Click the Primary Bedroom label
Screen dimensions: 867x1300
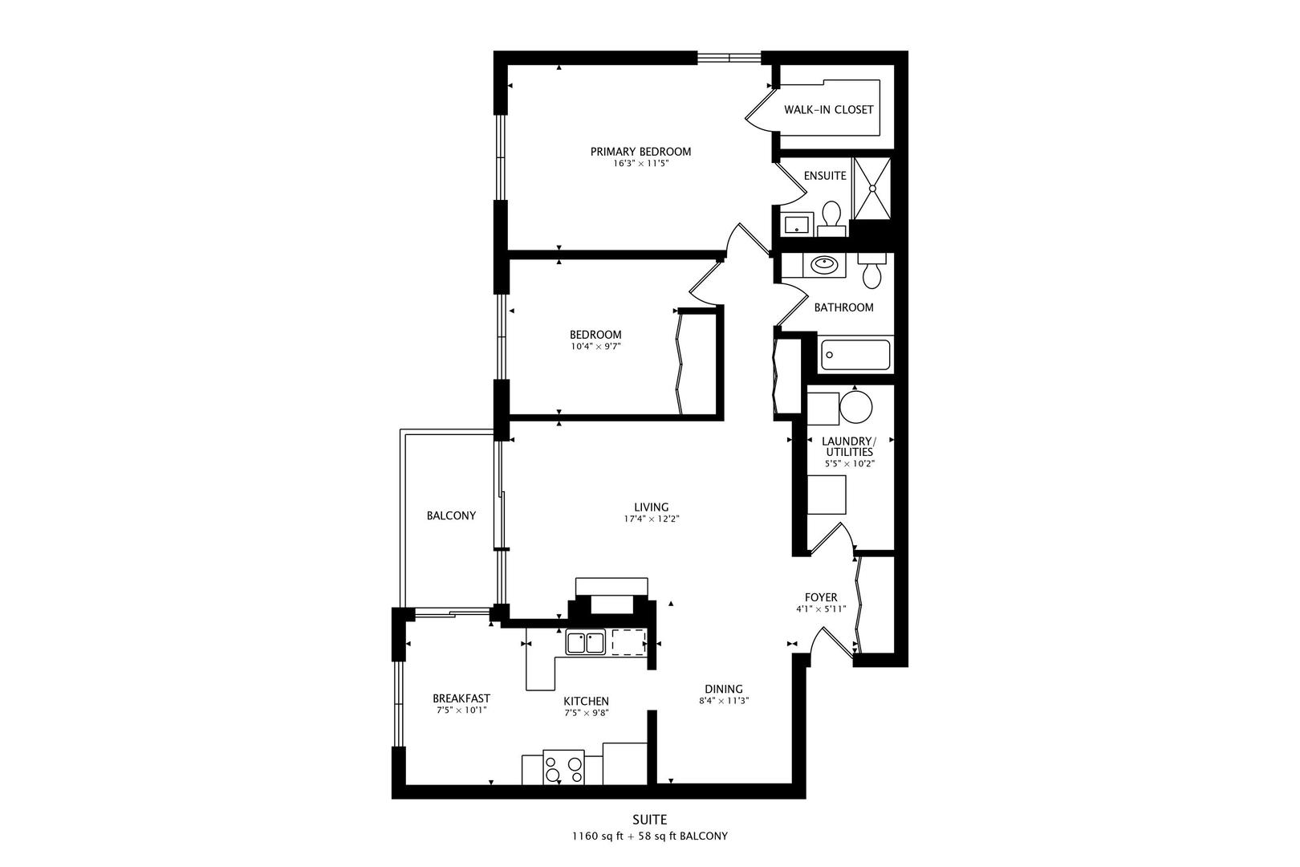pyautogui.click(x=640, y=152)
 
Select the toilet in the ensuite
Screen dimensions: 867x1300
pyautogui.click(x=831, y=217)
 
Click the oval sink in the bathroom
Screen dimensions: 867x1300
pyautogui.click(x=823, y=264)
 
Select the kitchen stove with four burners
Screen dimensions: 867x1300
pyautogui.click(x=563, y=768)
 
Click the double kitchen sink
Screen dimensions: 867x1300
pyautogui.click(x=585, y=643)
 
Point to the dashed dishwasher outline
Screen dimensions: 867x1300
pyautogui.click(x=629, y=643)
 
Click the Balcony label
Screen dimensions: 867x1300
pyautogui.click(x=451, y=515)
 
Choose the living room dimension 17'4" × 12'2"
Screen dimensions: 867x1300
pyautogui.click(x=652, y=519)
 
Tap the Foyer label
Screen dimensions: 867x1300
pyautogui.click(x=821, y=597)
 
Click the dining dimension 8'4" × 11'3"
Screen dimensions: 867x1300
pyautogui.click(x=724, y=700)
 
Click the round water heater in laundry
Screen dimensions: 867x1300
pyautogui.click(x=856, y=407)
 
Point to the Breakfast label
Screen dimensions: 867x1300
pyautogui.click(x=461, y=698)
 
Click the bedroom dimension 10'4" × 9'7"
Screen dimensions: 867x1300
pyautogui.click(x=595, y=347)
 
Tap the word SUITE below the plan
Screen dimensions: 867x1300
pyautogui.click(x=650, y=820)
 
